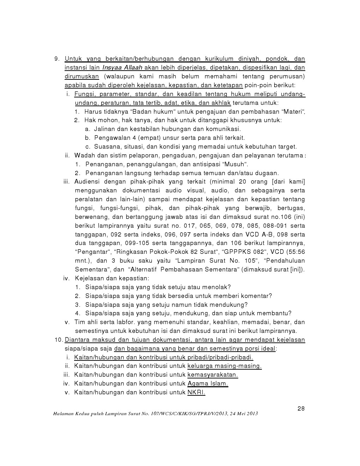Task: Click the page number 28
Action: tap(301, 408)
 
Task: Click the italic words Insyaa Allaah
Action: tap(122, 68)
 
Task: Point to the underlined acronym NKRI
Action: tap(196, 392)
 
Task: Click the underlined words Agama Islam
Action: tap(208, 383)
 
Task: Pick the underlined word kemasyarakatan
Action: tap(212, 375)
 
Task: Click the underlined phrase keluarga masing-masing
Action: tap(224, 366)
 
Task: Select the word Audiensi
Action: tap(87, 181)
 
